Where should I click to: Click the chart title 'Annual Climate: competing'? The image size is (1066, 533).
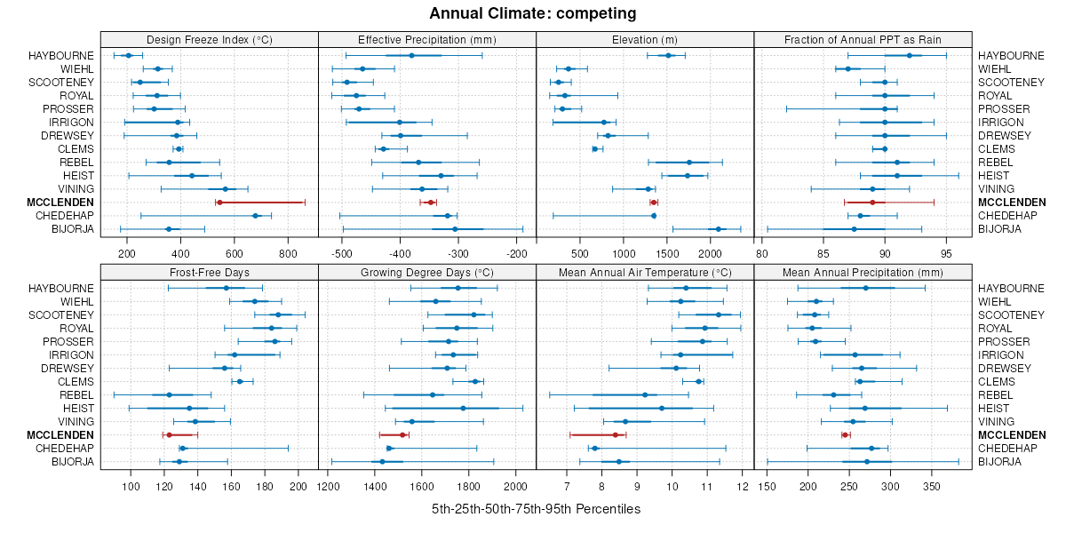(533, 13)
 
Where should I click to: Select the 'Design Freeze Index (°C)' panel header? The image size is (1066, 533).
(209, 39)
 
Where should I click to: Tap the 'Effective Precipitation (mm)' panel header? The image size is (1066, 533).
(426, 39)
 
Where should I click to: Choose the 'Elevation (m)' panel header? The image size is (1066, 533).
(645, 39)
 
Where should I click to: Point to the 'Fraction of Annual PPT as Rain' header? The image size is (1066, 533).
(863, 39)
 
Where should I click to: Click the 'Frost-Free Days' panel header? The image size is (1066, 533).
(209, 272)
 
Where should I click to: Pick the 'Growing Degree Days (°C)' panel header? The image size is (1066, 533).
(426, 272)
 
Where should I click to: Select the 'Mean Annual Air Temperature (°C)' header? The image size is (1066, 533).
(645, 272)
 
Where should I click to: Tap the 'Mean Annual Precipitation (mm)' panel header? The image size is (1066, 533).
(863, 272)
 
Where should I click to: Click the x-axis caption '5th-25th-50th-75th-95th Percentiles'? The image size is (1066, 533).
(536, 509)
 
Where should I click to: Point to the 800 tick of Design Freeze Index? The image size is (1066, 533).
(289, 253)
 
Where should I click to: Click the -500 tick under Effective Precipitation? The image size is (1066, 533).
(341, 253)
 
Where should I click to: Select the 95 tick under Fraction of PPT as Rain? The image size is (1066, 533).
(947, 253)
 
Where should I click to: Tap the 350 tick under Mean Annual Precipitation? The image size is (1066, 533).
(932, 486)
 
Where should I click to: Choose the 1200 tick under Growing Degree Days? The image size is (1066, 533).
(329, 486)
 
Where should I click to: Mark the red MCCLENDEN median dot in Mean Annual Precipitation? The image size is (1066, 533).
(845, 434)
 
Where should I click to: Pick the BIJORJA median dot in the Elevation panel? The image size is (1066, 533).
(718, 229)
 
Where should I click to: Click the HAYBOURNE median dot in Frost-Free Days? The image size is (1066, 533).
(226, 288)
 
